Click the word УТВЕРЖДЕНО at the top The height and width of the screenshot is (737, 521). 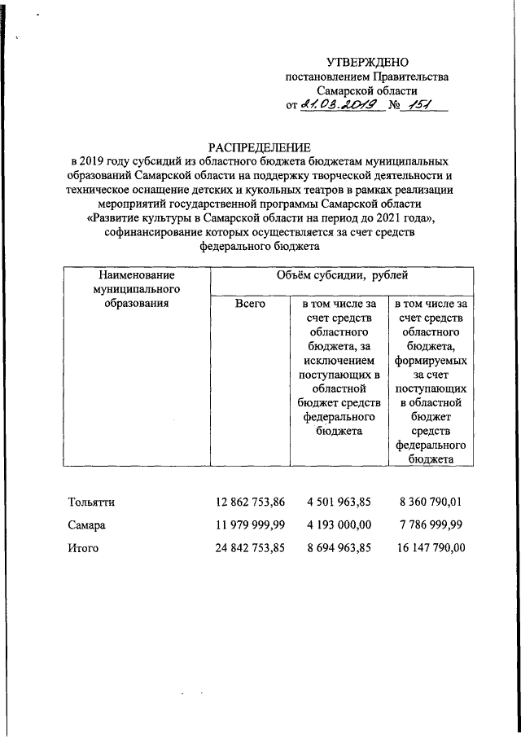(367, 62)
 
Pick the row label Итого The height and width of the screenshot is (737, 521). (84, 548)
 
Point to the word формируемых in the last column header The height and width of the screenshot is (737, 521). (431, 361)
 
